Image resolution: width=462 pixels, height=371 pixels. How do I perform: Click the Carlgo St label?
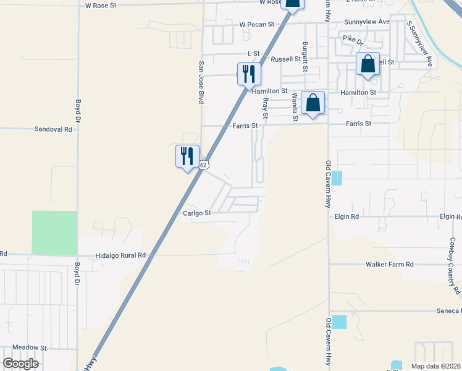(x=197, y=213)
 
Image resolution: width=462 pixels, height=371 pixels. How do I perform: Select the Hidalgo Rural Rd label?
(x=120, y=255)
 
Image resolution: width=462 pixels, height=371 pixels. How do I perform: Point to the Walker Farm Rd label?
(x=389, y=264)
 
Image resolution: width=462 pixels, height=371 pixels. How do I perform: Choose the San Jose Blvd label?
(x=201, y=82)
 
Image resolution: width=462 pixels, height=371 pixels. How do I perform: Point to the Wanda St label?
(x=295, y=106)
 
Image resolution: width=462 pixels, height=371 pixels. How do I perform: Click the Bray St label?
(x=266, y=108)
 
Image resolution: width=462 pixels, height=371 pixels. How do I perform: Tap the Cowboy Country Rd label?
(x=455, y=265)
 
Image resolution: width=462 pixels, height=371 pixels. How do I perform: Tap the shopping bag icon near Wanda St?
(x=314, y=103)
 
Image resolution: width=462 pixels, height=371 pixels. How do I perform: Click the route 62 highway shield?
(x=204, y=164)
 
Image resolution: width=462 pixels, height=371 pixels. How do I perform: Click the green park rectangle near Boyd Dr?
(x=54, y=232)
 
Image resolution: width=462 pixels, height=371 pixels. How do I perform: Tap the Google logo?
(x=21, y=364)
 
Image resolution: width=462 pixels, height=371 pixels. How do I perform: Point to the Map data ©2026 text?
(x=435, y=365)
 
